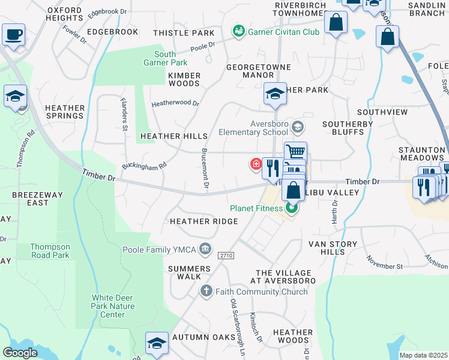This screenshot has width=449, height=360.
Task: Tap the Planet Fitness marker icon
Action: tap(292, 208)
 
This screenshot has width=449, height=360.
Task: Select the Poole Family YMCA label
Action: tap(160, 250)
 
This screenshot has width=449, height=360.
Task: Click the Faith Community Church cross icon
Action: tap(206, 292)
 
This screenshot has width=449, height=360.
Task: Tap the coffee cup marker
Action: tap(13, 35)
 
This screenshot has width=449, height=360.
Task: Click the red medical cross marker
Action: tap(255, 163)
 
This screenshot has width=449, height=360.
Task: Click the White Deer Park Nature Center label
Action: tap(113, 306)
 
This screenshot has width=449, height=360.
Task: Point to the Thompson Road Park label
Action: tap(51, 251)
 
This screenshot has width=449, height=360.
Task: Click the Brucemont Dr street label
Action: tap(203, 170)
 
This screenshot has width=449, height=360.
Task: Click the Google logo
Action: tap(20, 353)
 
